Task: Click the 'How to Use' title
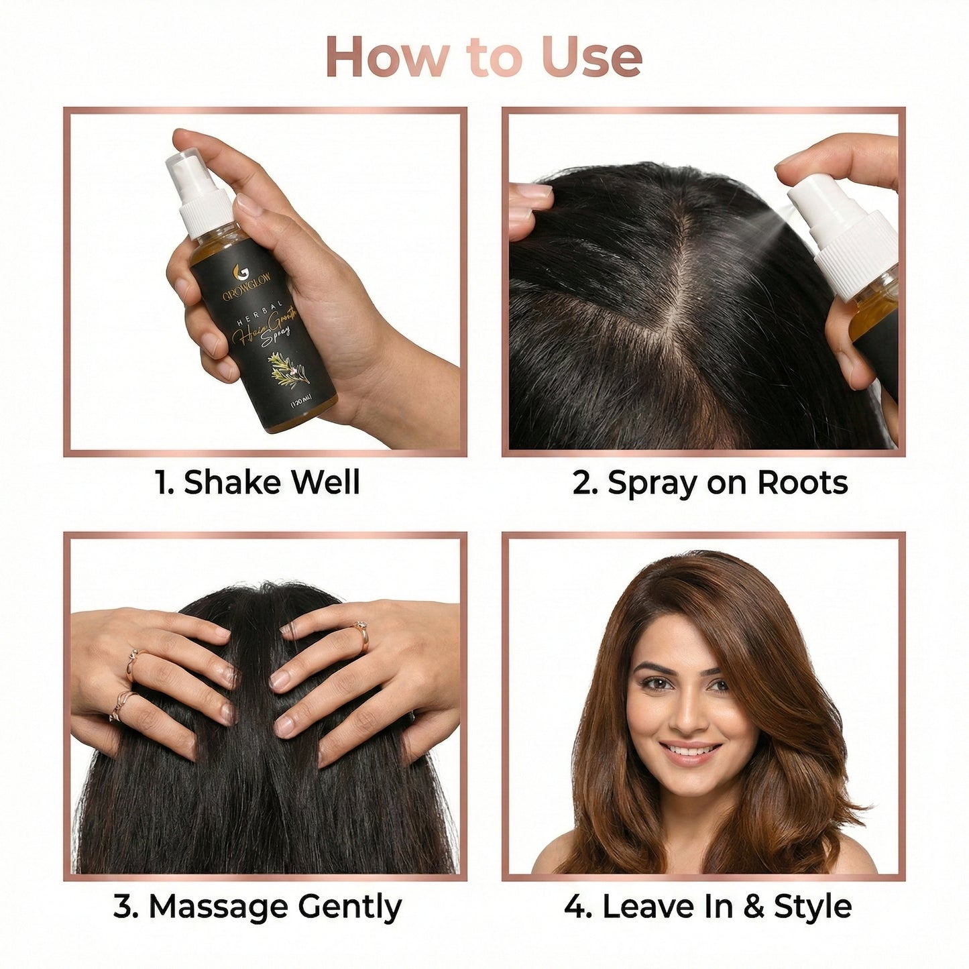[x=484, y=58]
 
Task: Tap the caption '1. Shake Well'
[x=258, y=483]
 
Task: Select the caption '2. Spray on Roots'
[x=709, y=483]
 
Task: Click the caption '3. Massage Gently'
[x=258, y=907]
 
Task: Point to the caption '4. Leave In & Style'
[x=707, y=907]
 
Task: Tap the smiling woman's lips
[x=691, y=752]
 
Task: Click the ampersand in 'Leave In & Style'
[x=754, y=907]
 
